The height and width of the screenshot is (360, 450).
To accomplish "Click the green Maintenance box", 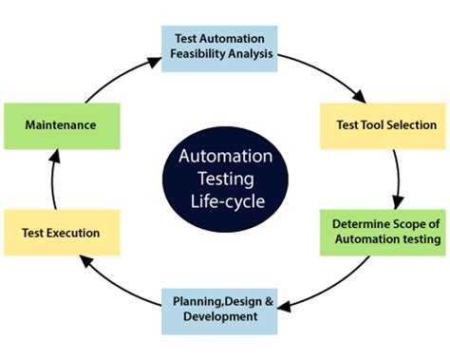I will click(x=62, y=124).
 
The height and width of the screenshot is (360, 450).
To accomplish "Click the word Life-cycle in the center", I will click(x=225, y=201).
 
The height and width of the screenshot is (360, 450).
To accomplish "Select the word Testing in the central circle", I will click(x=225, y=178).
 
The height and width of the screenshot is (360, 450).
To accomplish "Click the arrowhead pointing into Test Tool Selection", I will click(x=360, y=96).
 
